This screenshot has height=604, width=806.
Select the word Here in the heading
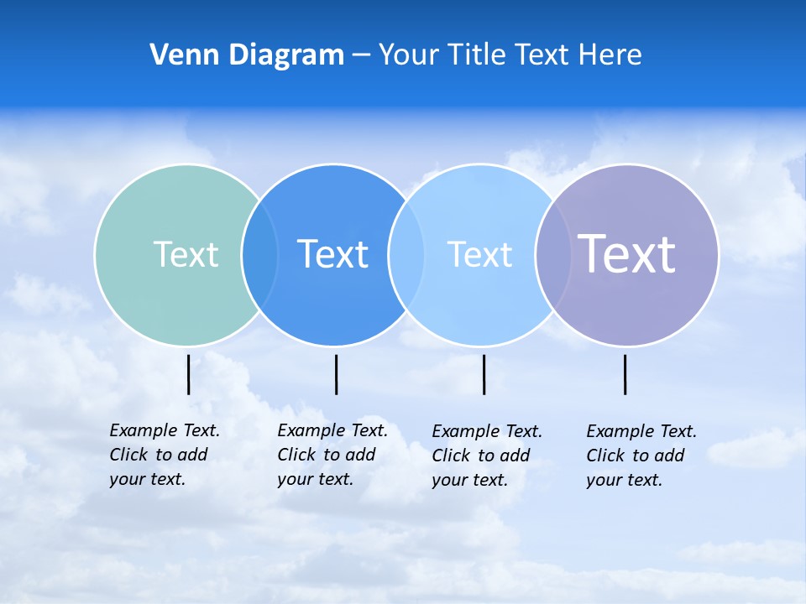pos(610,55)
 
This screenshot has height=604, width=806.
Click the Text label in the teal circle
pos(186,254)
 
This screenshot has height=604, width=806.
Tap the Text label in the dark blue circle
pos(333,254)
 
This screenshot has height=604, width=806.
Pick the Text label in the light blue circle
pos(479,254)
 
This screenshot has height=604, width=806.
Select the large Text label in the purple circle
pos(627,253)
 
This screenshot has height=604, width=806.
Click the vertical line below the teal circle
pos(189,374)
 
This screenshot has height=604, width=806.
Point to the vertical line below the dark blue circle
pos(336,374)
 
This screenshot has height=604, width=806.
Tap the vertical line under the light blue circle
pos(484,374)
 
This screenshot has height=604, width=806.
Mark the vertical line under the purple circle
pos(625,374)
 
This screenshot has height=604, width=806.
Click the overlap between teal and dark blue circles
pos(259,254)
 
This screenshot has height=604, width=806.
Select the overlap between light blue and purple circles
pos(553,254)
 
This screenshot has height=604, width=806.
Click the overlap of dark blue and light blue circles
pos(405,254)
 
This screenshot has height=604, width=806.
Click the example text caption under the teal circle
pos(165,455)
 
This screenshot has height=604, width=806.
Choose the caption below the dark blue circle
pos(332,455)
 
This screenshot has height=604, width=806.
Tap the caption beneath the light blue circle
pos(487,456)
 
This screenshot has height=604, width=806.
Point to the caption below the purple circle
pos(641,456)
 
